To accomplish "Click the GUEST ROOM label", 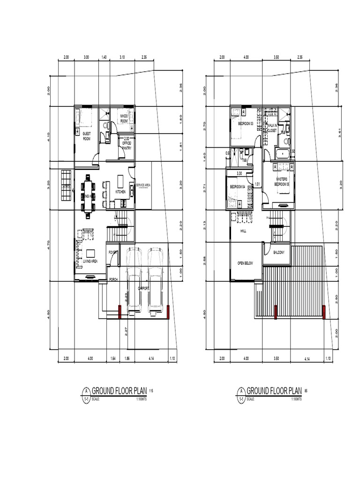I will click(x=86, y=136).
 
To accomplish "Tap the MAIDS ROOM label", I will click(x=124, y=118).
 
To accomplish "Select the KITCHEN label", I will click(x=121, y=192).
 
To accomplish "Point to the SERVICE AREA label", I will click(x=143, y=186).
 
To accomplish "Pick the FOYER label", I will click(x=113, y=252).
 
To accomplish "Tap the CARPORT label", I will click(x=143, y=288).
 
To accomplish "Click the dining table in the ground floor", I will click(x=88, y=195).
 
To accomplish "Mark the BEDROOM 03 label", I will click(x=245, y=123).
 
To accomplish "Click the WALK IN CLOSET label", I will click(x=272, y=128).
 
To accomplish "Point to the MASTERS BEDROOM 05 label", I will click(x=281, y=181).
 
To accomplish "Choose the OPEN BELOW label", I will click(x=245, y=263).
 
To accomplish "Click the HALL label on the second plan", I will click(x=243, y=231).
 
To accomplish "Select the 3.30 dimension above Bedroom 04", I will click(x=239, y=173).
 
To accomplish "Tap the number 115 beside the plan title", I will click(x=151, y=390).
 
